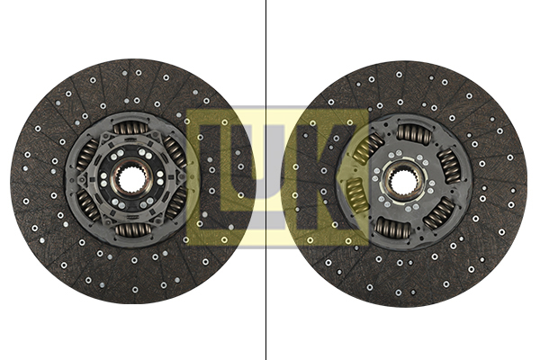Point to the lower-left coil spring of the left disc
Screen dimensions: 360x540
click(89, 205)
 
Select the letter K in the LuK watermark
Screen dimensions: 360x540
click(337, 175)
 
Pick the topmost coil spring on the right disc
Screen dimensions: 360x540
click(415, 133)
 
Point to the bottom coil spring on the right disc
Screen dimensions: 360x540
click(391, 227)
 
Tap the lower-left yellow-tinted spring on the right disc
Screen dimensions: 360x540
click(357, 193)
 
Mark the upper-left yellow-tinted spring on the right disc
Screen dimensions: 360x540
click(369, 147)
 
